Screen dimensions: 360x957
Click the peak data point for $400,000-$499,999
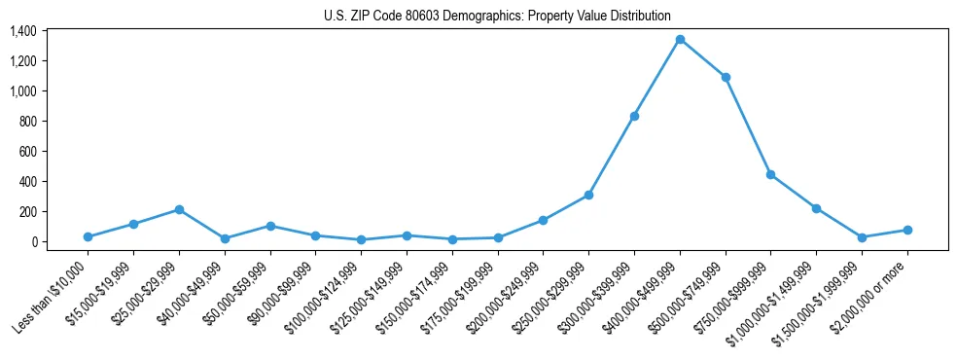click(x=680, y=40)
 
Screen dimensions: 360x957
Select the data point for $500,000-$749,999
click(x=726, y=77)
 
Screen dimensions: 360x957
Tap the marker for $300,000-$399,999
click(x=634, y=116)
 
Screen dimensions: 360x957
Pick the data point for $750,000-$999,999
click(x=770, y=175)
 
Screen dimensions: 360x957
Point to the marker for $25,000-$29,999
click(x=179, y=209)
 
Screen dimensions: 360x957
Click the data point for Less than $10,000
click(x=89, y=236)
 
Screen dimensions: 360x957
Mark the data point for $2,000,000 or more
click(x=906, y=230)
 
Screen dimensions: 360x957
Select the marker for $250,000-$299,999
click(x=588, y=195)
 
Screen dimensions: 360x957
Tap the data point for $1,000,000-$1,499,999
click(x=816, y=208)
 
